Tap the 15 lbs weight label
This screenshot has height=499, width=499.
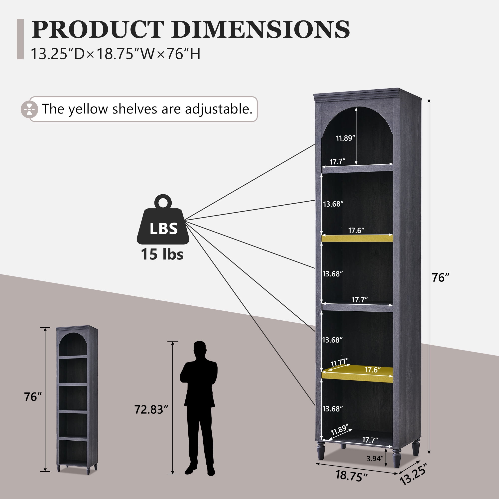pyautogui.click(x=162, y=254)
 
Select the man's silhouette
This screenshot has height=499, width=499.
pyautogui.click(x=199, y=408)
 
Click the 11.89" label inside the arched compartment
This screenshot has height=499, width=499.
pyautogui.click(x=346, y=138)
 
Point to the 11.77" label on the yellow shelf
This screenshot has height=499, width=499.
pyautogui.click(x=340, y=362)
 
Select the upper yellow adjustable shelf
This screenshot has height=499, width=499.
pyautogui.click(x=357, y=238)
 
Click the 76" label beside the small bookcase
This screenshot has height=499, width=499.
pyautogui.click(x=33, y=397)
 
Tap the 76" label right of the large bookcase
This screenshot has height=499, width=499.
pyautogui.click(x=441, y=278)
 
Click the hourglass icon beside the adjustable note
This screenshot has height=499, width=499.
pyautogui.click(x=29, y=109)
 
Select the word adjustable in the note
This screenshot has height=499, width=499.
pyautogui.click(x=219, y=109)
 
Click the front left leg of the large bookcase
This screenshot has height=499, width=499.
pyautogui.click(x=321, y=450)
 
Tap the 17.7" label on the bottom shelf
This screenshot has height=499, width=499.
pyautogui.click(x=370, y=440)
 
